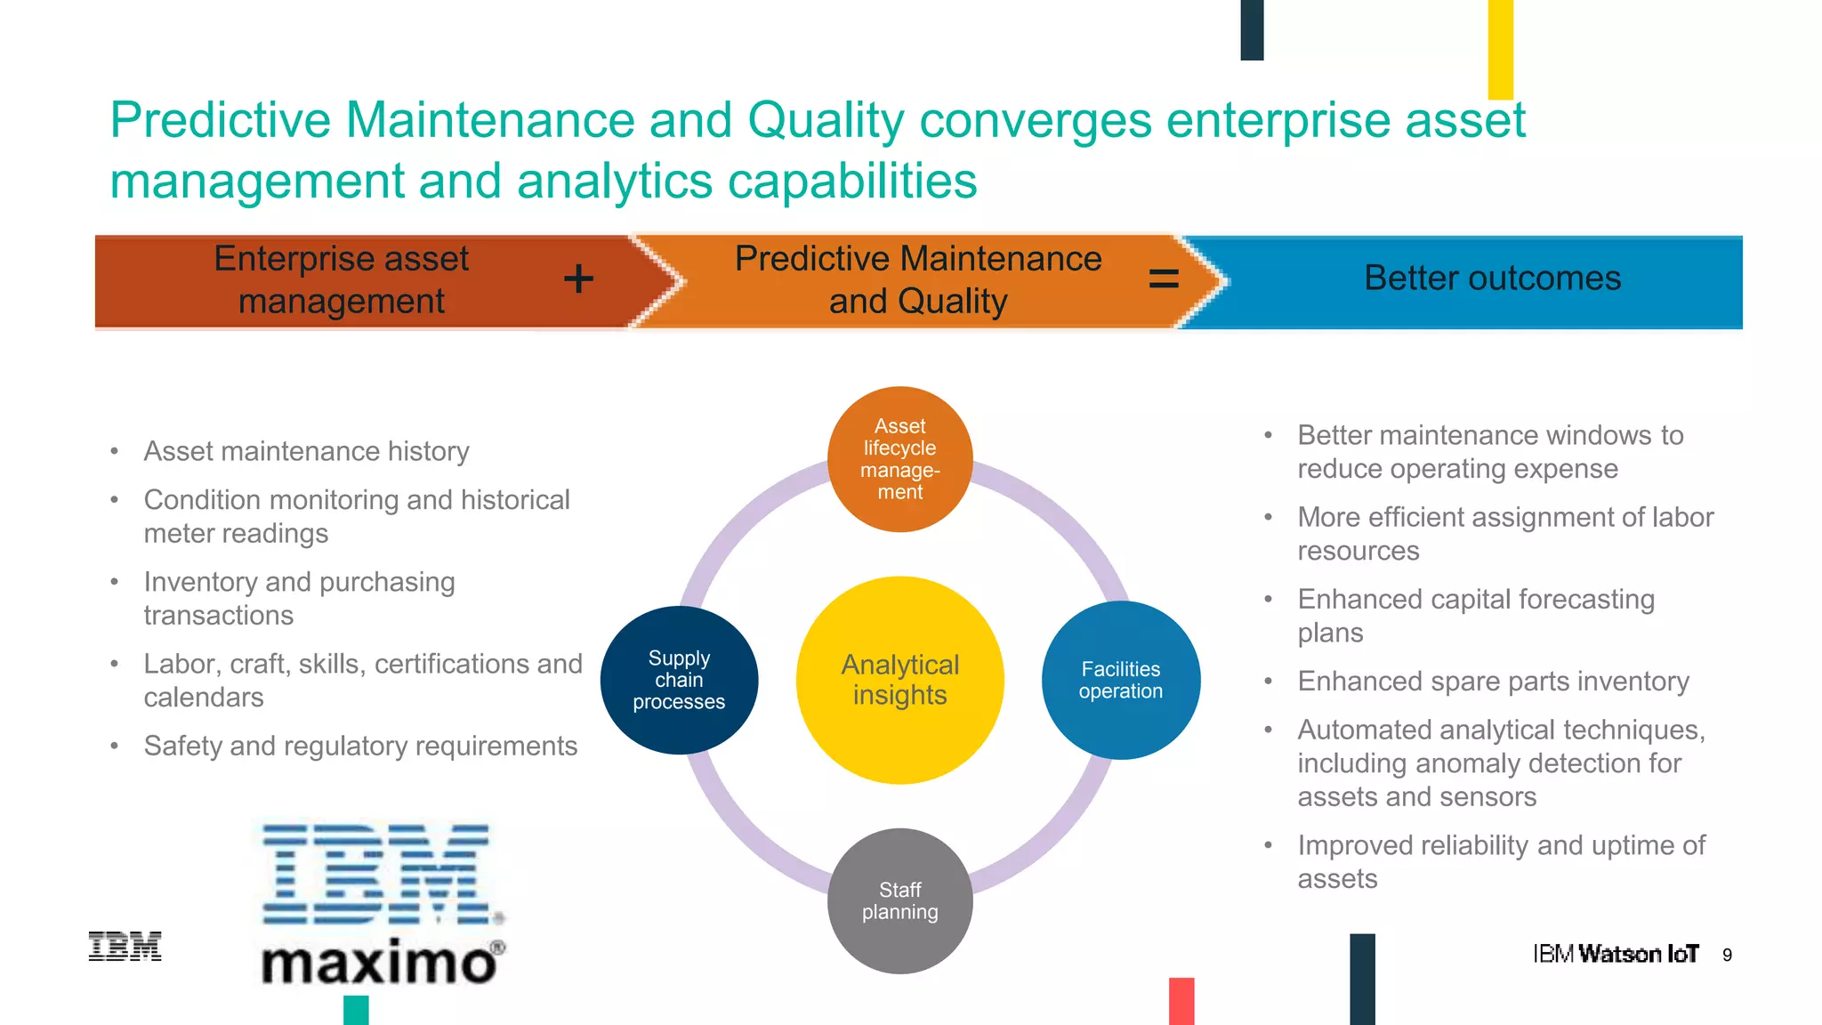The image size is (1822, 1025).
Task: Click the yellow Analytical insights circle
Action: pos(899,680)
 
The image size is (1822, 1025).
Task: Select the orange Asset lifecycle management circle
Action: pos(899,459)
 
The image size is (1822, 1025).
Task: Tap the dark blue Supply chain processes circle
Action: pos(679,680)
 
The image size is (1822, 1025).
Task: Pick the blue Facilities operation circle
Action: pos(1121,680)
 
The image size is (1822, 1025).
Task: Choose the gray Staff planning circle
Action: pos(899,900)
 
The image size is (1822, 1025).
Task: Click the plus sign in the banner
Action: pos(578,278)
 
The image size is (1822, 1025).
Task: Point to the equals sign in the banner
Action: pos(1164,279)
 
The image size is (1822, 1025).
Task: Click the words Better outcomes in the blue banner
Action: pos(1492,278)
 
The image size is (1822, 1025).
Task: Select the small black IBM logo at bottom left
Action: pos(125,947)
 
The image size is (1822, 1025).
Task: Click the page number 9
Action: pos(1727,955)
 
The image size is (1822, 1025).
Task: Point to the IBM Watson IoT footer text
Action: pos(1615,954)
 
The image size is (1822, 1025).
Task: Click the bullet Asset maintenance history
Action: pos(306,451)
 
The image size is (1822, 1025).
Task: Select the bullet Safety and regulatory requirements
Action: pos(360,746)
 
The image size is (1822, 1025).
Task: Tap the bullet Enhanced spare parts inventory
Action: pos(1493,681)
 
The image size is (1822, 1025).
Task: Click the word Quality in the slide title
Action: pos(826,120)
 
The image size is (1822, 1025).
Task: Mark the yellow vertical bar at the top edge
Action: pos(1500,49)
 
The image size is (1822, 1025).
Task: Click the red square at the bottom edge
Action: pos(1181,1001)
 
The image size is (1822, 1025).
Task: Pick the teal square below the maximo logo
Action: pos(356,1010)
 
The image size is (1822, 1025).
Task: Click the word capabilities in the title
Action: pos(852,182)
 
